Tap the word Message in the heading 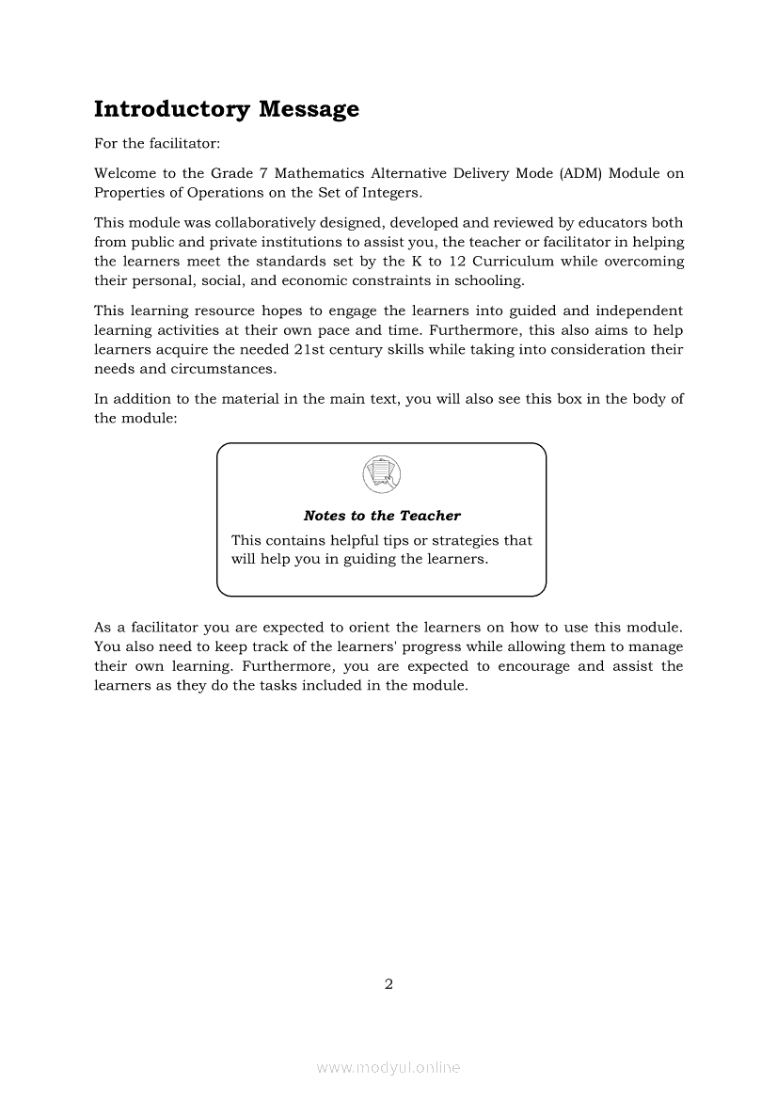click(x=309, y=110)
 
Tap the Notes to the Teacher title click(x=382, y=516)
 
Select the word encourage click(x=532, y=666)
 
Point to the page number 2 click(x=388, y=985)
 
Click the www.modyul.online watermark click(x=388, y=1068)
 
